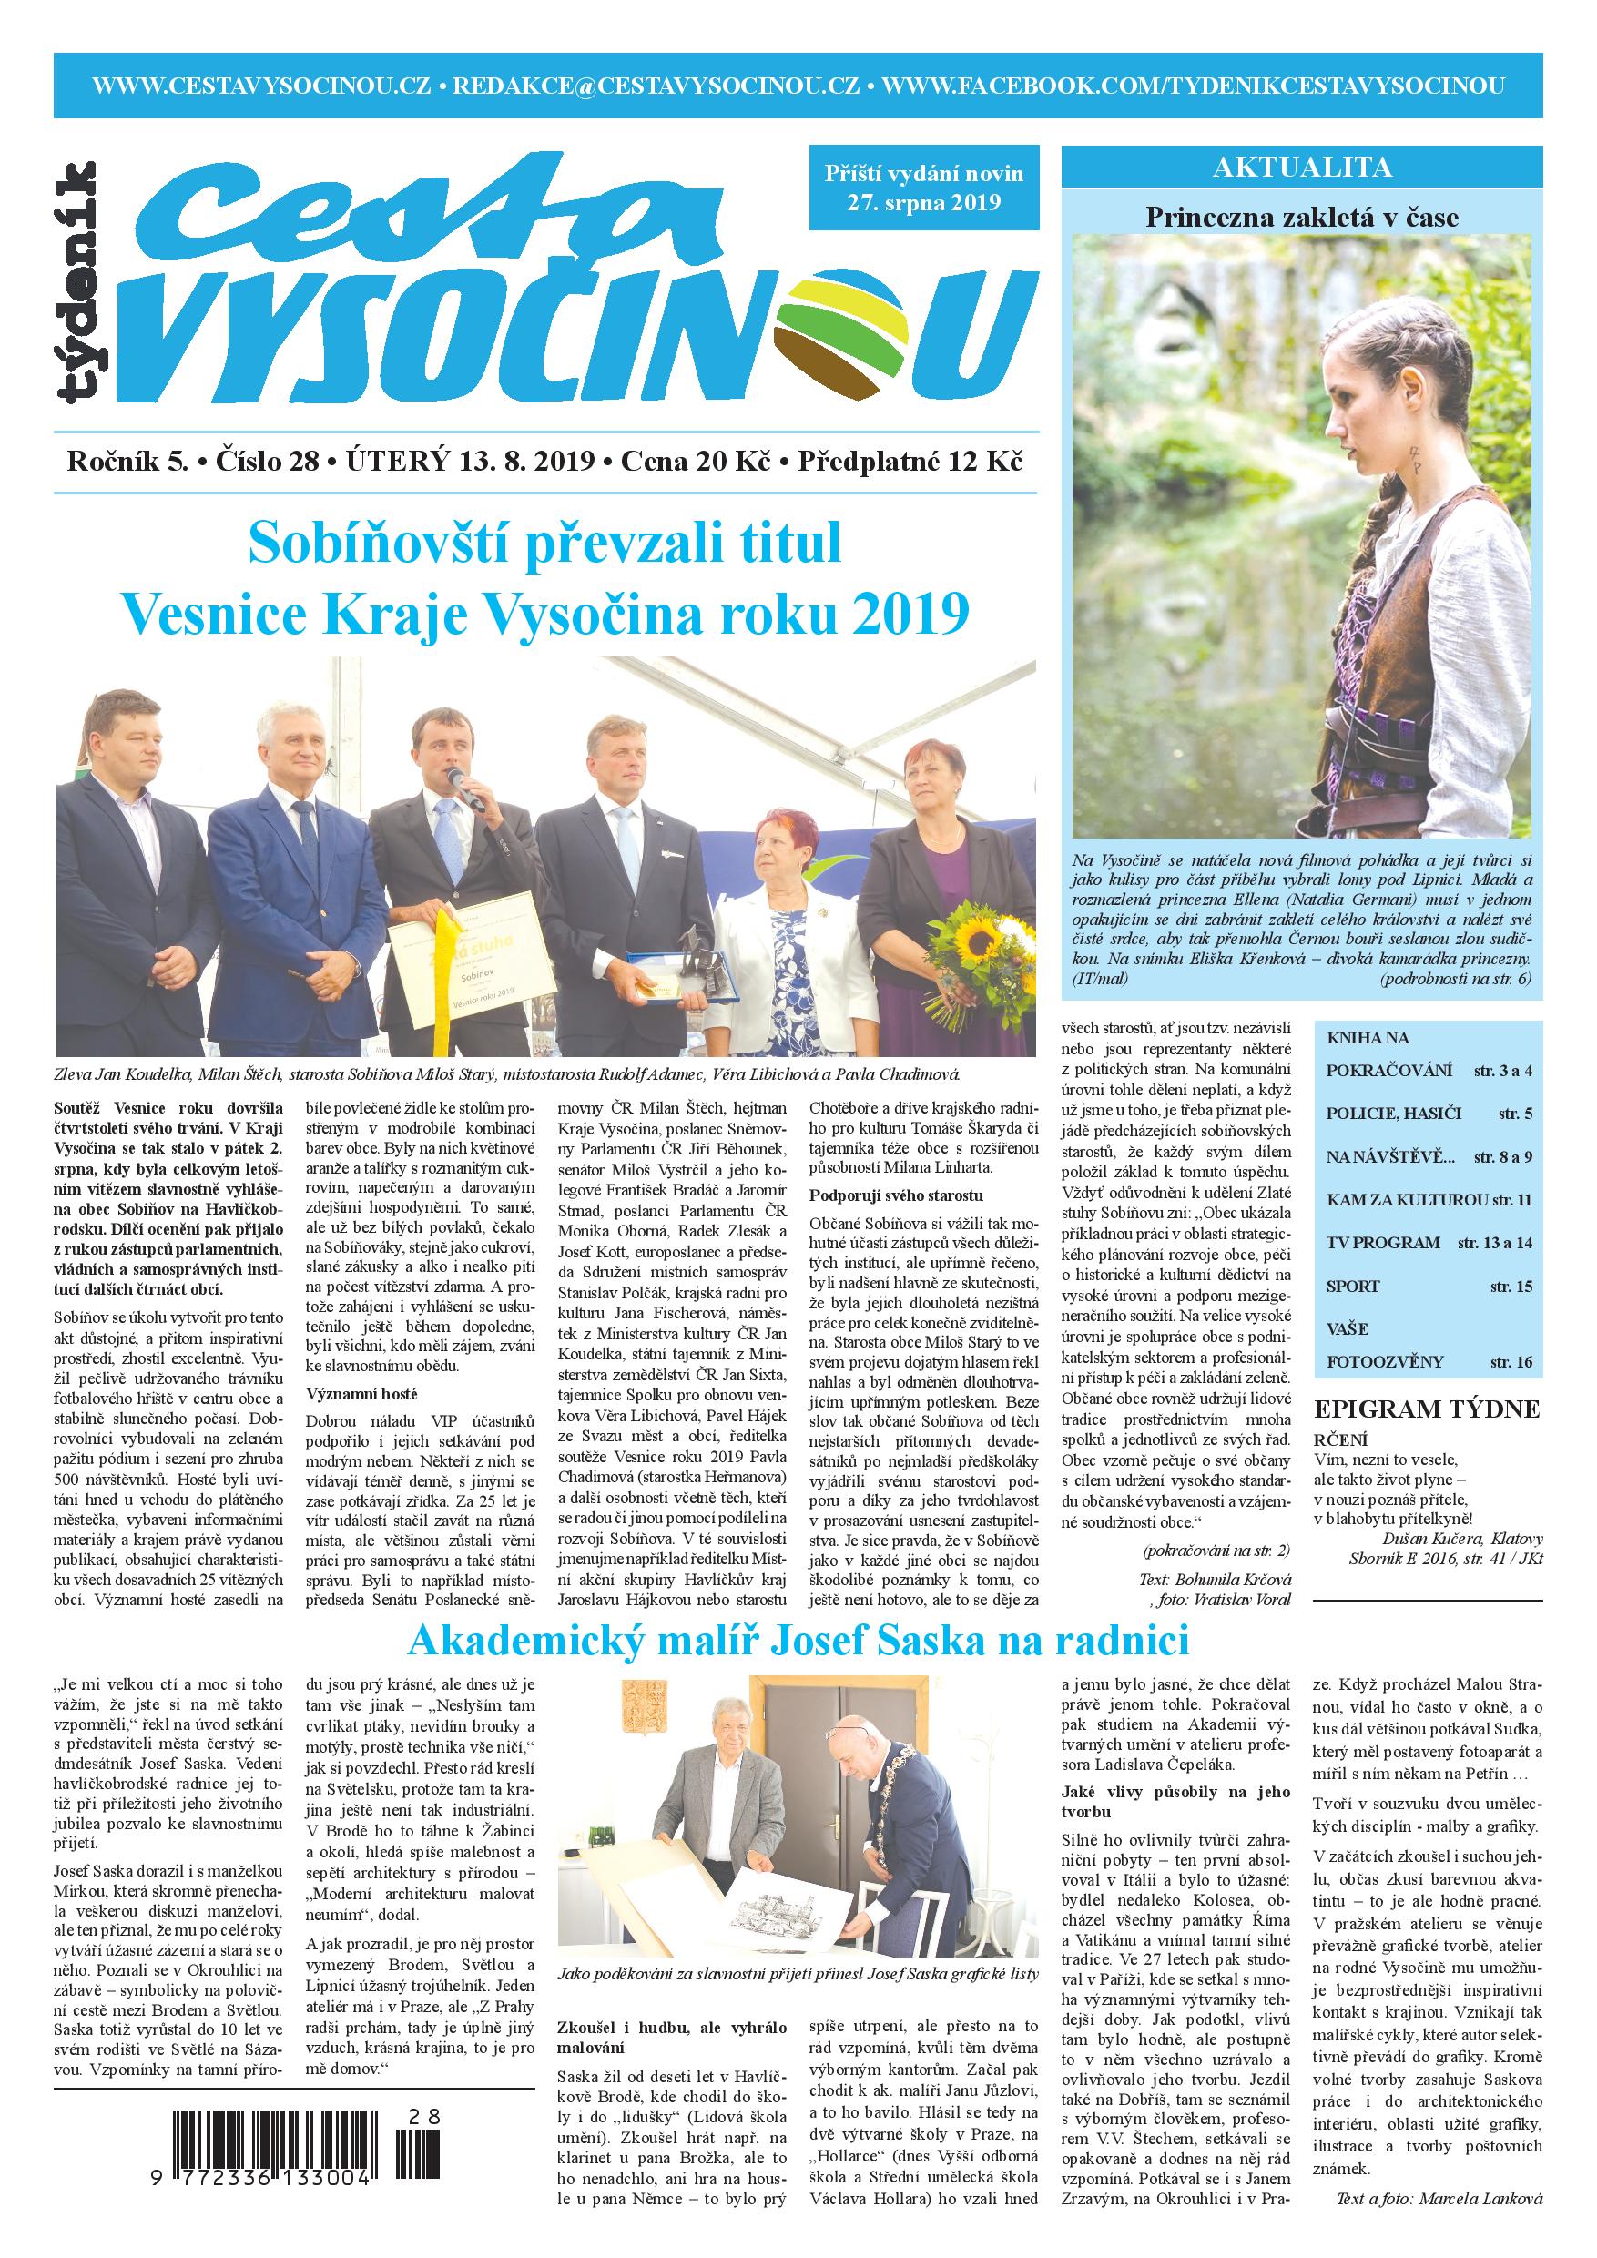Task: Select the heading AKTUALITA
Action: pyautogui.click(x=1302, y=168)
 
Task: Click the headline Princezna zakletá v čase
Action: pyautogui.click(x=1302, y=217)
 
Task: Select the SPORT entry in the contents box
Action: pyautogui.click(x=1353, y=1287)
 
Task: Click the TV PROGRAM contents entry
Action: pyautogui.click(x=1383, y=1242)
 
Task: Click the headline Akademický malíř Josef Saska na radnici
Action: pyautogui.click(x=798, y=1642)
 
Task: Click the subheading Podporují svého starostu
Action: pyautogui.click(x=896, y=1195)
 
